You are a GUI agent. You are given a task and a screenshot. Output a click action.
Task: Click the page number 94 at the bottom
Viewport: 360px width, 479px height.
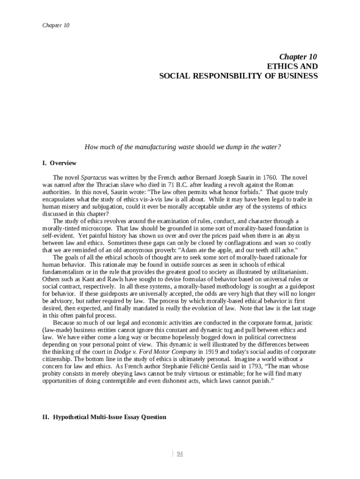[180, 453]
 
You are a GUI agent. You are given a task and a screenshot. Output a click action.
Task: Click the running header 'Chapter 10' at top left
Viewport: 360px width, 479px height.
[56, 25]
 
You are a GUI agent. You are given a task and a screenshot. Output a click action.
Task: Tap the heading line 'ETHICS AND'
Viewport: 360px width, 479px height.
[292, 66]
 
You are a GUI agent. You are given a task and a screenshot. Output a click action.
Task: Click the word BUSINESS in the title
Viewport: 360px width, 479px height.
[297, 75]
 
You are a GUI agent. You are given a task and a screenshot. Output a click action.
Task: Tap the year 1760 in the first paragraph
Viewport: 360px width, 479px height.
[269, 178]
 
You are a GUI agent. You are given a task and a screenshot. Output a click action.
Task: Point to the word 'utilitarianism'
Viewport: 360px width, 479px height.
[285, 272]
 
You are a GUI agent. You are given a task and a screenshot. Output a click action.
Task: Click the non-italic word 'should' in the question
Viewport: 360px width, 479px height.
[205, 147]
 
